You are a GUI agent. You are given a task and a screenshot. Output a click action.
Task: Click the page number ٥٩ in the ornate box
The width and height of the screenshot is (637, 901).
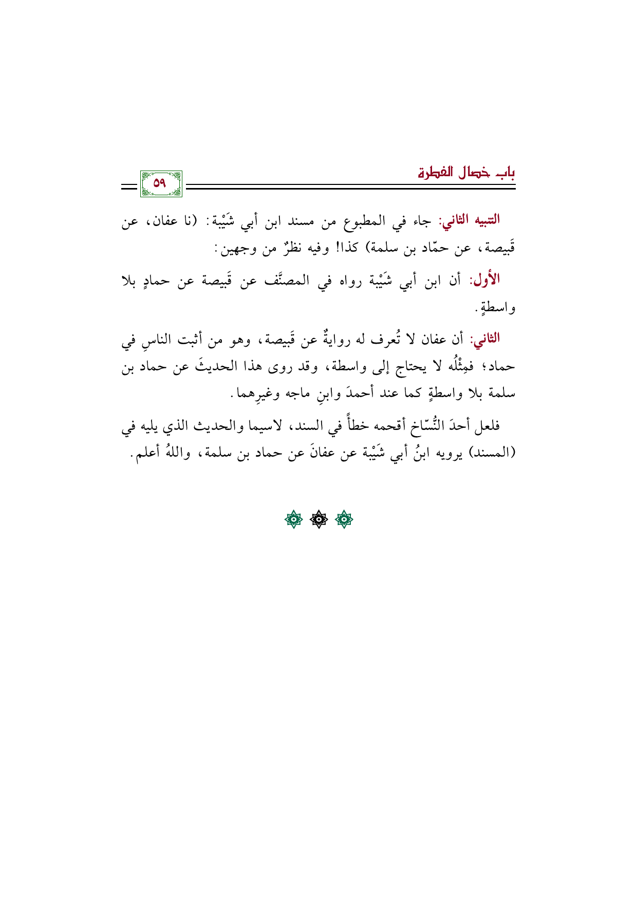(x=160, y=183)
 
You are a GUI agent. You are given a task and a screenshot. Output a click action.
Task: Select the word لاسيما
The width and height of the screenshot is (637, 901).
(x=276, y=426)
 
